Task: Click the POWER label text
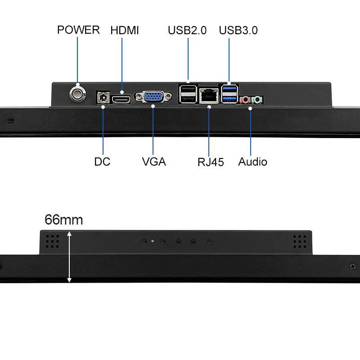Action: pyautogui.click(x=78, y=30)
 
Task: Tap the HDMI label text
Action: pyautogui.click(x=125, y=30)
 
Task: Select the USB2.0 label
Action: pyautogui.click(x=187, y=30)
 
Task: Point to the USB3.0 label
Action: pyautogui.click(x=238, y=30)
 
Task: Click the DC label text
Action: pyautogui.click(x=102, y=162)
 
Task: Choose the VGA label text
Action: pyautogui.click(x=154, y=162)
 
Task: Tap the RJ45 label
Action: pyautogui.click(x=211, y=162)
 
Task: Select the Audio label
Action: pyautogui.click(x=252, y=162)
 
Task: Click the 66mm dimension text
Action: pyautogui.click(x=63, y=220)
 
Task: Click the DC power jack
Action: pyautogui.click(x=103, y=98)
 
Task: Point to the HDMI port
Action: pyautogui.click(x=121, y=99)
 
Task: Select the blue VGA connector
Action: pyautogui.click(x=153, y=96)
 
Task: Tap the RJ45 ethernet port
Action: pyautogui.click(x=209, y=96)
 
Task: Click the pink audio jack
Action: pyautogui.click(x=245, y=100)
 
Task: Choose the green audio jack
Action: pyautogui.click(x=256, y=100)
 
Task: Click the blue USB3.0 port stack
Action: pyautogui.click(x=229, y=94)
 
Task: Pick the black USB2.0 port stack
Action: pyautogui.click(x=188, y=94)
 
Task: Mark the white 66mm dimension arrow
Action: pyautogui.click(x=69, y=257)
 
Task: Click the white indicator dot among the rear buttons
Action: pyautogui.click(x=153, y=241)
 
